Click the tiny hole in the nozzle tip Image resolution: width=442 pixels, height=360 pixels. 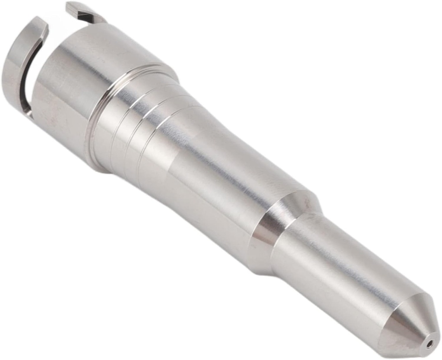click(429, 344)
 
